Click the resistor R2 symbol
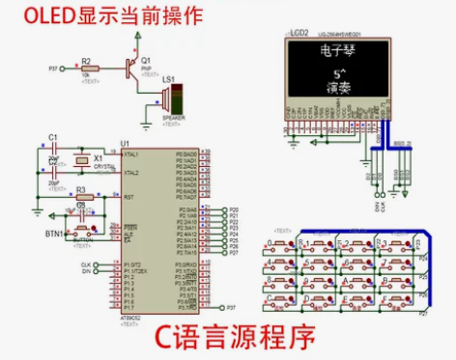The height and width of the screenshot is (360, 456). (x=88, y=69)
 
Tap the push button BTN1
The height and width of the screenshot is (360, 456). (x=81, y=231)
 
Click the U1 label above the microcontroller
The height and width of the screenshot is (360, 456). (x=125, y=143)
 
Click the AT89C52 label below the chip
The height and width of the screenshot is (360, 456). (x=133, y=318)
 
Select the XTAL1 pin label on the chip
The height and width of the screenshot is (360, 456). (x=131, y=154)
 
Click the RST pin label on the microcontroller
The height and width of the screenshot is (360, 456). (x=128, y=197)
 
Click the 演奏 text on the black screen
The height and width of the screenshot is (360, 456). (x=339, y=88)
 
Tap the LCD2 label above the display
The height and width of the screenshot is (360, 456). (x=299, y=33)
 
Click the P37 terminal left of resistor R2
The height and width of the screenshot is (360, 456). (x=52, y=69)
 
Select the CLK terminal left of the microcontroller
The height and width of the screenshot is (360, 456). (x=86, y=263)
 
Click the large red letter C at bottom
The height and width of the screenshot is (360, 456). (x=168, y=339)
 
